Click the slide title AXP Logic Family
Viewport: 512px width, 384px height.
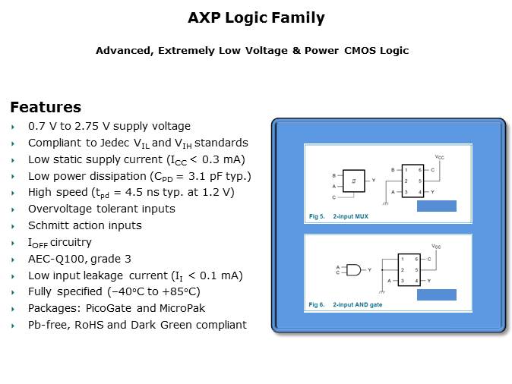256,18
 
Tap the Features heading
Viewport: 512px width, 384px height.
46,107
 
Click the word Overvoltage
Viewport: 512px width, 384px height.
61,209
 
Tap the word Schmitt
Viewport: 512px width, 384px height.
46,225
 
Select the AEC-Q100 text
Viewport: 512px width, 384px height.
56,259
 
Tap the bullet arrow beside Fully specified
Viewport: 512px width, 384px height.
13,292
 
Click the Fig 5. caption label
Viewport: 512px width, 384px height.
317,216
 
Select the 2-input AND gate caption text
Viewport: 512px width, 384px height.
358,305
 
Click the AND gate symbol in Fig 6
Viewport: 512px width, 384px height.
354,270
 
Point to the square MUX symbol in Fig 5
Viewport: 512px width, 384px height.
354,181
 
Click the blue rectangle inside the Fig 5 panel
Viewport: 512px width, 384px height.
437,206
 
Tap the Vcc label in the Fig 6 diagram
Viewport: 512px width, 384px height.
436,247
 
